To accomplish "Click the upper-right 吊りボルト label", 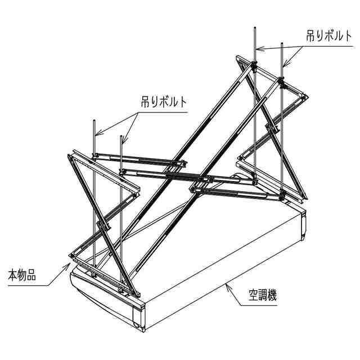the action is coord(329,35).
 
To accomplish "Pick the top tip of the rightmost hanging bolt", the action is coord(281,43).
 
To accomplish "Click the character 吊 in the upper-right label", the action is coord(311,35).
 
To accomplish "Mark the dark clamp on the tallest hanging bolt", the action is coord(254,66).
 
